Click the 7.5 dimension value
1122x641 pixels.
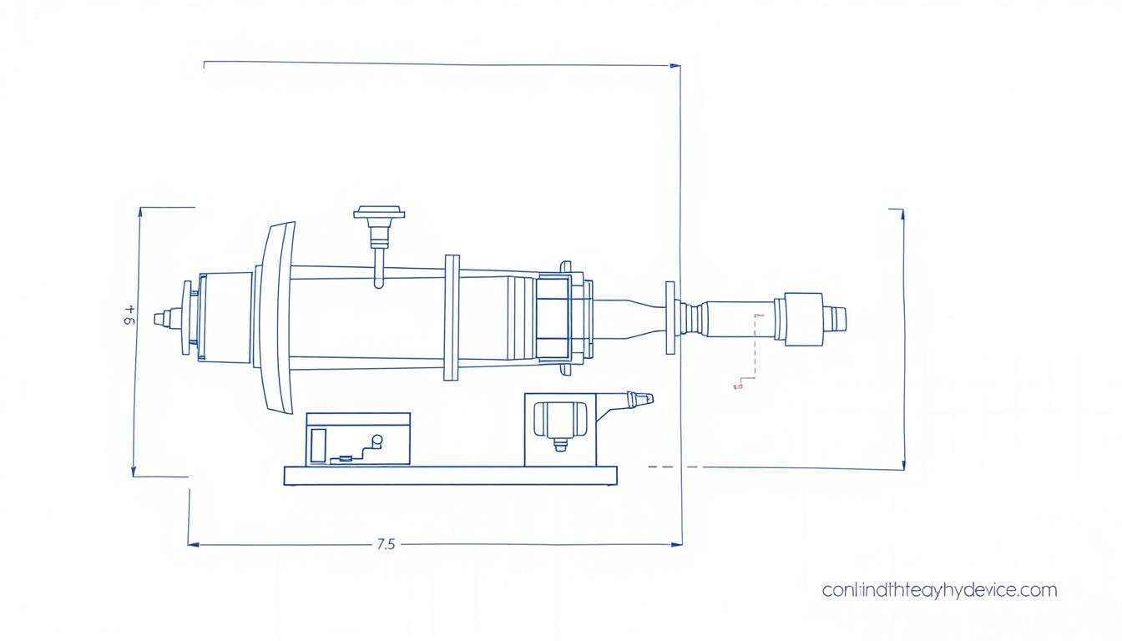coord(385,544)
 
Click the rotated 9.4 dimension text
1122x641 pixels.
coord(129,317)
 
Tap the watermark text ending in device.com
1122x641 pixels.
coord(939,591)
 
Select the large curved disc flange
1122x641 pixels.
coord(279,317)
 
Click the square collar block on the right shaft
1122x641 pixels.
coord(799,317)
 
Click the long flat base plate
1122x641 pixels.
coord(450,476)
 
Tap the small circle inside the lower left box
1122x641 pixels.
coord(377,440)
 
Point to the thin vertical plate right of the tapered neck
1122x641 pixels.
coord(670,318)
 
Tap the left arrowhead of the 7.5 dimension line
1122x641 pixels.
coord(193,544)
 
